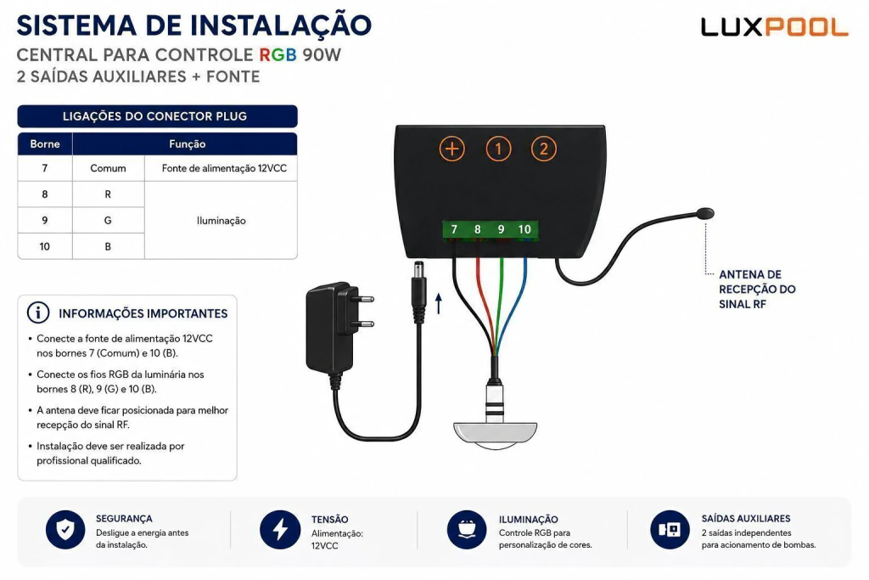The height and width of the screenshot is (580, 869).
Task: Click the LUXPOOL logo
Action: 774,27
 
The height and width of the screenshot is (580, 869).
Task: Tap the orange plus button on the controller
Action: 452,149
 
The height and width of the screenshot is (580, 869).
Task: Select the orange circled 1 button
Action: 498,149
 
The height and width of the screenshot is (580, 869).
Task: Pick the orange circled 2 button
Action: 544,149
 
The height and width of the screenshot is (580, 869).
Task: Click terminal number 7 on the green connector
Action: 454,229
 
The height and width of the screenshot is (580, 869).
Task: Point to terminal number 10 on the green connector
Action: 524,229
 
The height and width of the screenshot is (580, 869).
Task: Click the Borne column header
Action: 45,144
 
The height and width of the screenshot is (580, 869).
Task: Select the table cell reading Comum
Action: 108,168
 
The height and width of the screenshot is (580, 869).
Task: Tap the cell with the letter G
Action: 108,220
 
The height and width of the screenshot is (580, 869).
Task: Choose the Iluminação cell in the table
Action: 221,221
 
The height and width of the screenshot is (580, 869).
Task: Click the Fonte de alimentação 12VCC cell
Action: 224,168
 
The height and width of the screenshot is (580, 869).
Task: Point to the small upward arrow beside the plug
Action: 439,303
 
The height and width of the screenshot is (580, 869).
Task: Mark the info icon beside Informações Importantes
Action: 38,313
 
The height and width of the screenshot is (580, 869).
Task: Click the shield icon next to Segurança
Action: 65,530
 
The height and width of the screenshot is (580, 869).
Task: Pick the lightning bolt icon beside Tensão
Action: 280,530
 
